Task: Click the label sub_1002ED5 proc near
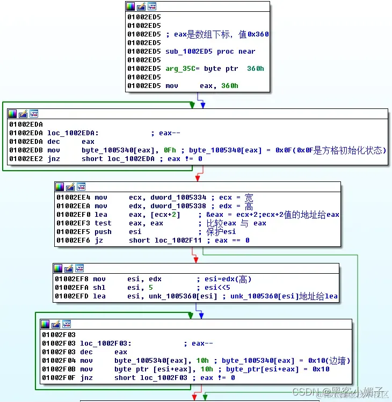(x=210, y=52)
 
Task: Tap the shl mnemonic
(x=99, y=288)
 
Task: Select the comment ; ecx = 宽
(x=231, y=198)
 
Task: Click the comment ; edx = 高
(x=231, y=206)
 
